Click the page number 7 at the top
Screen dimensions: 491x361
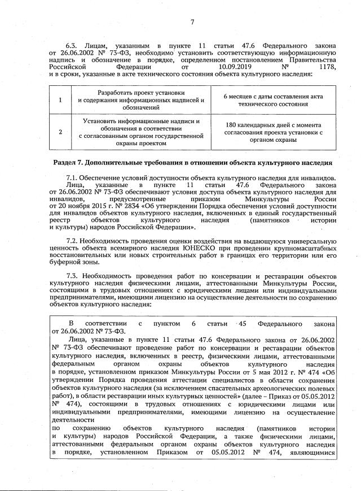(192, 23)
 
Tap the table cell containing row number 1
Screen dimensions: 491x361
(61, 99)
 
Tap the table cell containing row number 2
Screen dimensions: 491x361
(61, 132)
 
